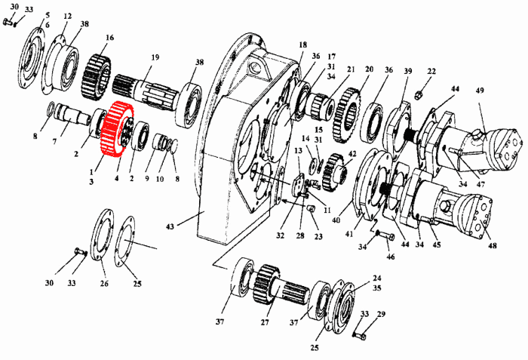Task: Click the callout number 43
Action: [170, 226]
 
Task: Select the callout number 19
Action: [155, 57]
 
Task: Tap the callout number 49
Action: [480, 91]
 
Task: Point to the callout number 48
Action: [493, 245]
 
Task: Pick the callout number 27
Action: [265, 322]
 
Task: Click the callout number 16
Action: [110, 38]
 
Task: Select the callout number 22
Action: [431, 72]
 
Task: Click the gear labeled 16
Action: [96, 77]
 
